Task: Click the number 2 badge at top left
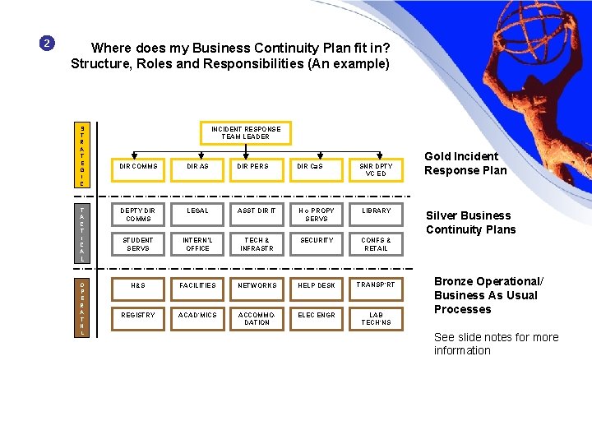tap(48, 43)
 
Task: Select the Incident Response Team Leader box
tap(246, 133)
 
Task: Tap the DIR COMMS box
tap(138, 166)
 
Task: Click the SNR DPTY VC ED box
tap(376, 170)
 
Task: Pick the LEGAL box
tap(197, 210)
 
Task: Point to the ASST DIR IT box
tap(257, 210)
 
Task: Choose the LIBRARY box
tap(376, 210)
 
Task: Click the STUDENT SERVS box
tap(138, 244)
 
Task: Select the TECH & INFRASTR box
tap(257, 244)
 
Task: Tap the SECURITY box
tap(317, 240)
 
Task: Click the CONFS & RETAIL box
tap(376, 244)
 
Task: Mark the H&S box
tap(138, 284)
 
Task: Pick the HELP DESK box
tap(317, 284)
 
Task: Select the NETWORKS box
tap(257, 284)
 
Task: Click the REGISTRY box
tap(138, 315)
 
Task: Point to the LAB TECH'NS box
tap(376, 318)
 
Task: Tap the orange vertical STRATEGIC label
tap(82, 155)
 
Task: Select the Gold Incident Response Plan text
tap(465, 164)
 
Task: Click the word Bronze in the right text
tap(454, 281)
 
